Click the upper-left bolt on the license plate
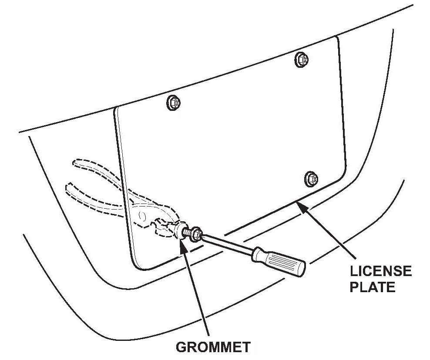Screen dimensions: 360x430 174,103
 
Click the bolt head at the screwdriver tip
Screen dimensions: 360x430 195,234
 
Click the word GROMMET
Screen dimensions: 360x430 213,347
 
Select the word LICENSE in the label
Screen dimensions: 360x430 380,272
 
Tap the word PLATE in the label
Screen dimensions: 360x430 373,287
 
